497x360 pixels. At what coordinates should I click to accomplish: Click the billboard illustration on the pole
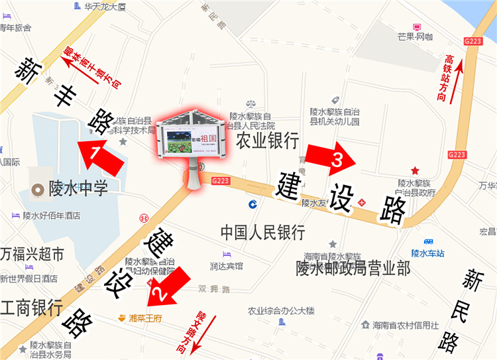coord(192,139)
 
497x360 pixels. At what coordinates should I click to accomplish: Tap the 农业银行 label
coord(268,141)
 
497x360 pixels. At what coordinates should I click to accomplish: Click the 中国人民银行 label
coord(262,233)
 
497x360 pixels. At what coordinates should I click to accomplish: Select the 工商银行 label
coord(31,308)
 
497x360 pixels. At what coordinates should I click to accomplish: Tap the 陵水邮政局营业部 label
coord(353,269)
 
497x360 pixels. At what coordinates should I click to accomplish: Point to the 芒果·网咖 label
coord(415,36)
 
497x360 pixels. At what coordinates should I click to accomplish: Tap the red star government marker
coord(415,170)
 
